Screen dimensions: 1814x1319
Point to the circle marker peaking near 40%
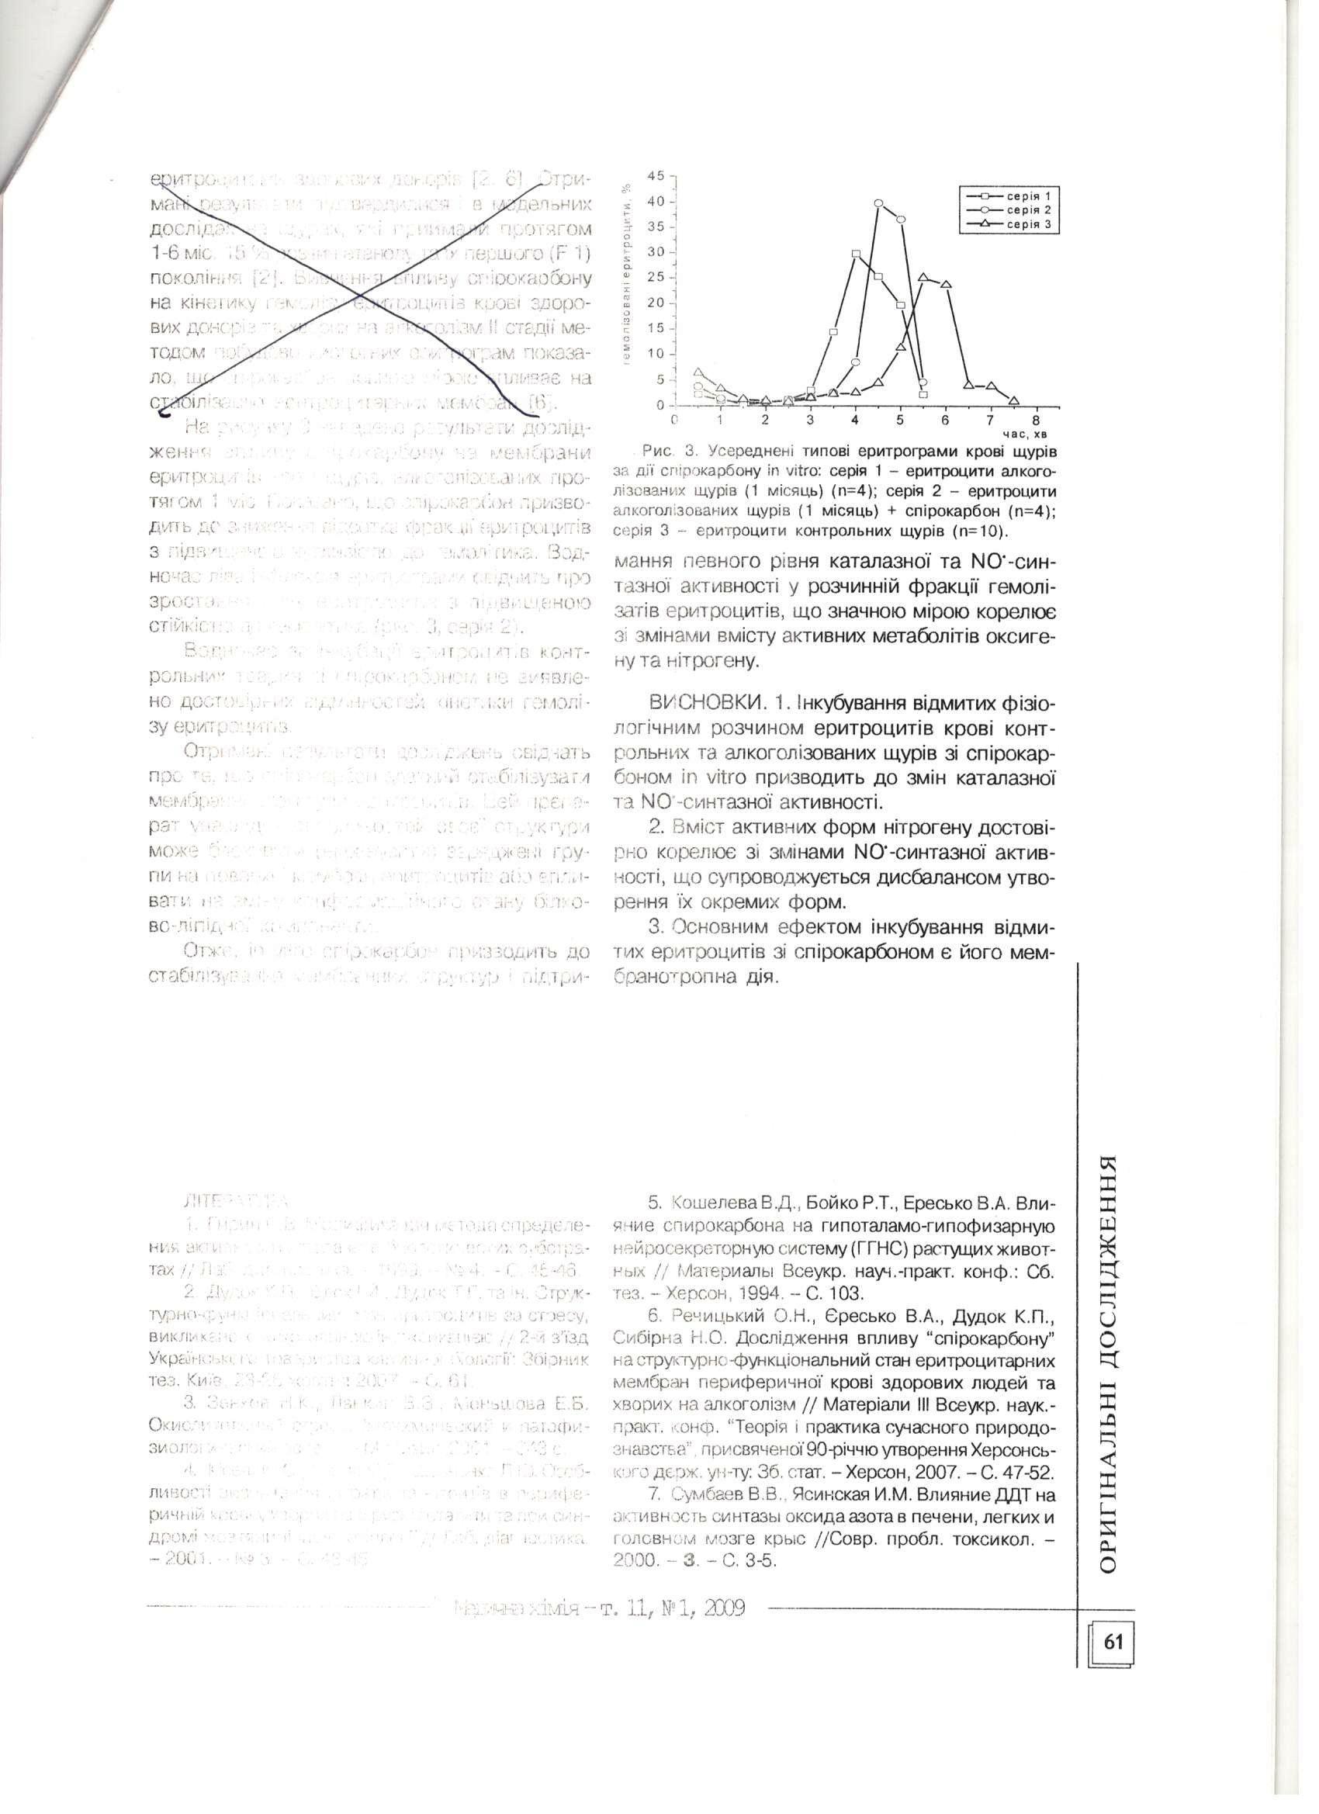pyautogui.click(x=878, y=203)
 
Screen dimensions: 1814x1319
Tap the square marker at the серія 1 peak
pyautogui.click(x=856, y=254)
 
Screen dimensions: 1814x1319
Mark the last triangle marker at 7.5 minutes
pyautogui.click(x=1014, y=400)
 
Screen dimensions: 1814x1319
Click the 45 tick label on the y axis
pyautogui.click(x=656, y=176)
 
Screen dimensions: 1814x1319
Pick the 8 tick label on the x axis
pyautogui.click(x=1036, y=419)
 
